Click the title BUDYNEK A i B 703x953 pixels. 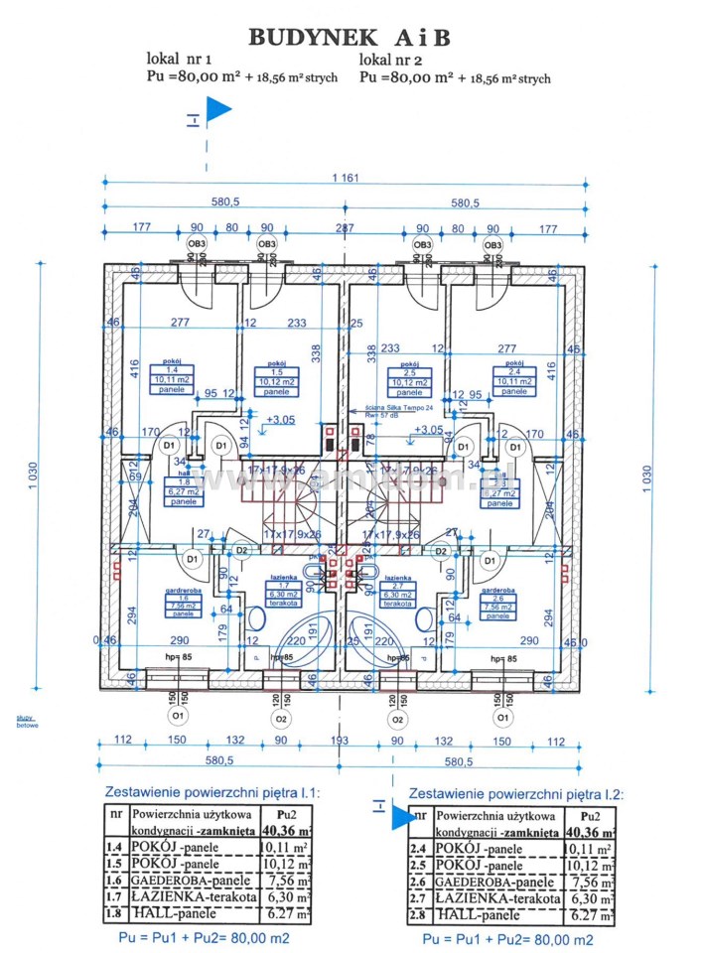point(350,38)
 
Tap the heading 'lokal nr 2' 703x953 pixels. point(394,60)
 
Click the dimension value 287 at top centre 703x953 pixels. point(345,227)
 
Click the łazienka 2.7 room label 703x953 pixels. point(398,592)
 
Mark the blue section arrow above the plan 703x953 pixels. point(217,110)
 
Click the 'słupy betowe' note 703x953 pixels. point(27,722)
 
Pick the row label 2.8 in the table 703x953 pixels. point(420,916)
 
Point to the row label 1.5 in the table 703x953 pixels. point(116,865)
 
